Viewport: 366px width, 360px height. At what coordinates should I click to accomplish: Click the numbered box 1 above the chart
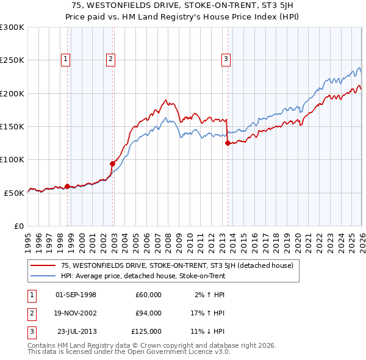[x=65, y=59]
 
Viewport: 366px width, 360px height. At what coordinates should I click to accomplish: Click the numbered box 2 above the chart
[x=110, y=59]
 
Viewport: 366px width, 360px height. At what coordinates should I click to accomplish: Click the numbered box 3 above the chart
[x=226, y=59]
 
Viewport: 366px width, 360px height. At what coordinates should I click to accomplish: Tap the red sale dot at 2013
[x=228, y=143]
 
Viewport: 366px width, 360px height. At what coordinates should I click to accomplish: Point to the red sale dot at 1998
[x=67, y=186]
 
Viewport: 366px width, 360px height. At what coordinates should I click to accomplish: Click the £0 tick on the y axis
[x=19, y=226]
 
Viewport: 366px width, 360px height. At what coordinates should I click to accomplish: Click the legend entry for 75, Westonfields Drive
[x=178, y=265]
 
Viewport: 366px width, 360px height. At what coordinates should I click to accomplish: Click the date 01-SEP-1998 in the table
[x=76, y=295]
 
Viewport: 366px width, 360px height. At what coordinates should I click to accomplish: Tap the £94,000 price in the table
[x=148, y=313]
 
